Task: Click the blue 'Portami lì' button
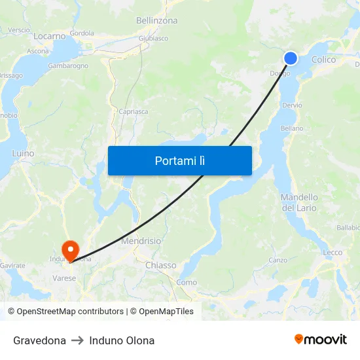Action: point(179,160)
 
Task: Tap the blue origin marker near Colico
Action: point(291,58)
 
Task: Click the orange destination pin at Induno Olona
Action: point(69,250)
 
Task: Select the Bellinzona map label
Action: point(156,21)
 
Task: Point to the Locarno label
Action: point(49,37)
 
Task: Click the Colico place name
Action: point(324,60)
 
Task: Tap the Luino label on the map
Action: point(23,153)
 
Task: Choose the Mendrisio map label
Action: point(141,241)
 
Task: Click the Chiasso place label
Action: point(160,265)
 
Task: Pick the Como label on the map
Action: point(187,282)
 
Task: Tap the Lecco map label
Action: point(333,252)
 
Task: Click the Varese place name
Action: point(64,278)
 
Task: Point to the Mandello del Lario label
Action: point(299,202)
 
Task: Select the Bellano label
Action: point(292,128)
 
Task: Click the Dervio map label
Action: point(292,105)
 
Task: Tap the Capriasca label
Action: point(134,112)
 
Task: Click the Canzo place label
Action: point(278,260)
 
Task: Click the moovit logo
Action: point(321,340)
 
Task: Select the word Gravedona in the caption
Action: point(39,340)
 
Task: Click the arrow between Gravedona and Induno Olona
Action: point(78,340)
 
